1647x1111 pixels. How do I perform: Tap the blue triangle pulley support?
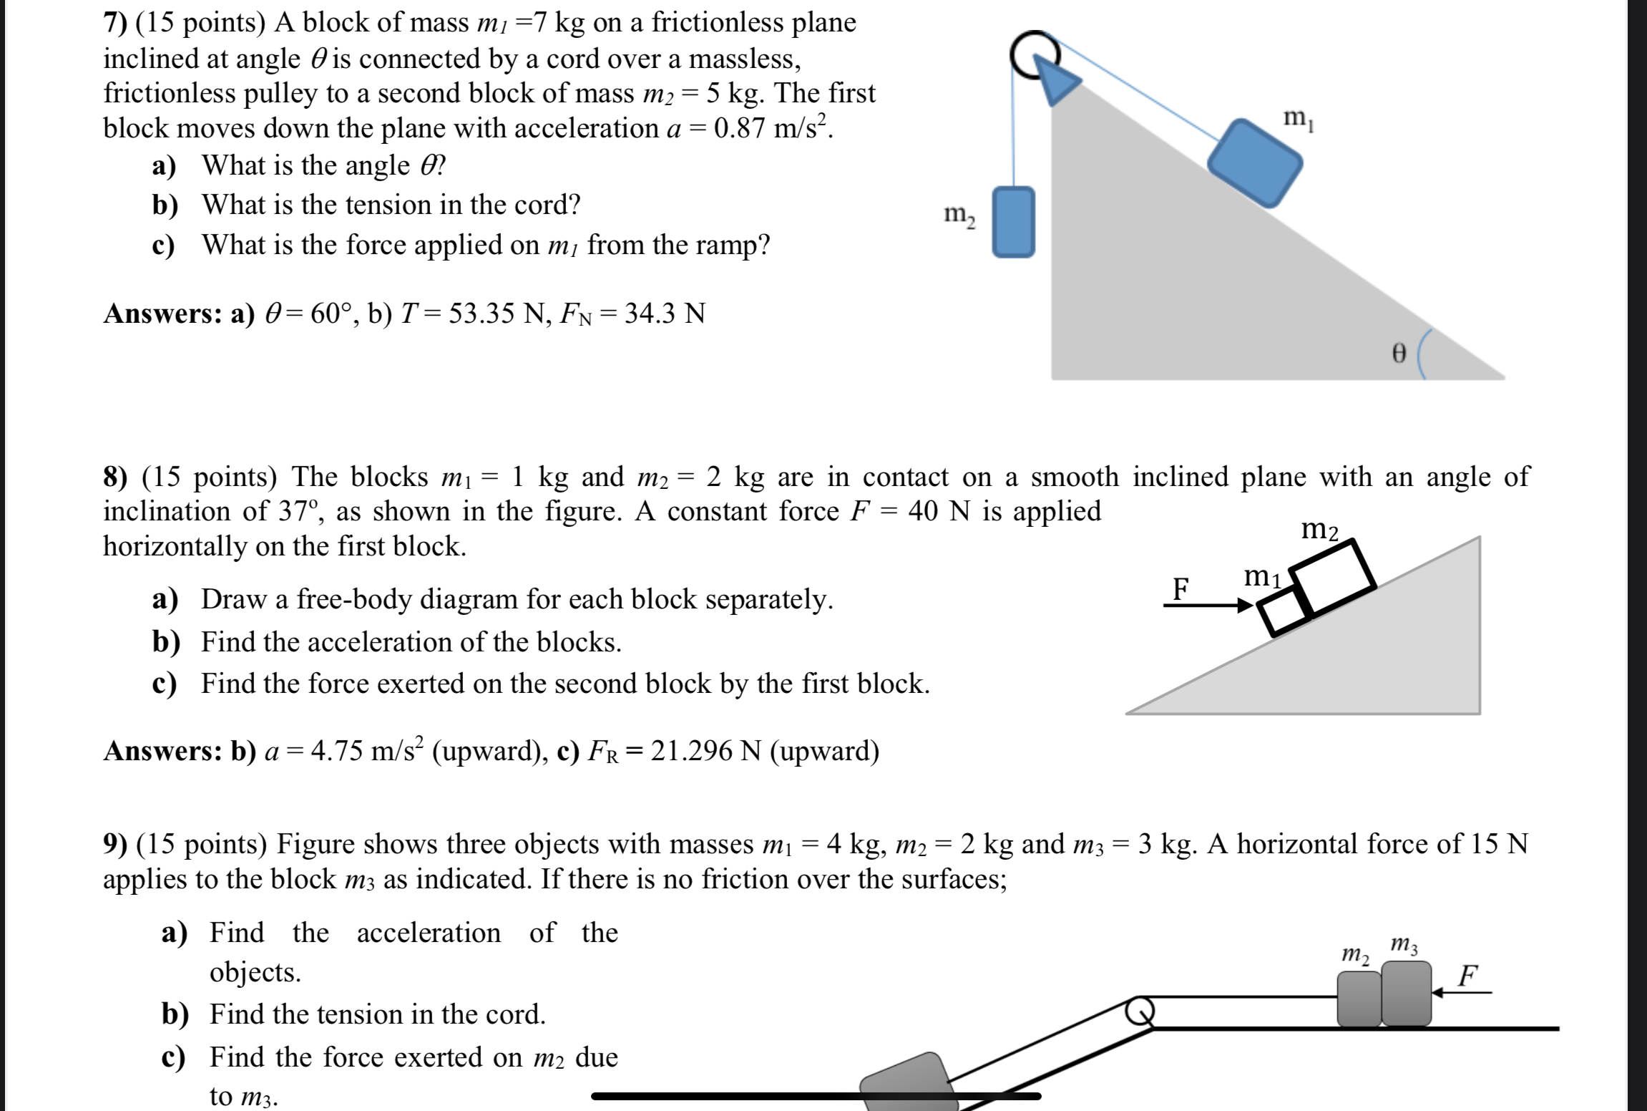tap(1055, 82)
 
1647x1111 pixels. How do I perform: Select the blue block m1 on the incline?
tap(1254, 163)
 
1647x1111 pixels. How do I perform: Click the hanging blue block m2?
tap(1012, 221)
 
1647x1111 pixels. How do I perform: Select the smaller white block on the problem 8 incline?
tap(1284, 613)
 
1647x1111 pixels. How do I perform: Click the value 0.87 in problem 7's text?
tap(741, 129)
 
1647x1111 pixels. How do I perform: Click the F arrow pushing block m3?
tap(1462, 991)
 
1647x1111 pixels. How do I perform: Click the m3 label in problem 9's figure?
tap(1404, 946)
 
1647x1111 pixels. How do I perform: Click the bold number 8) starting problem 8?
tap(116, 477)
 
